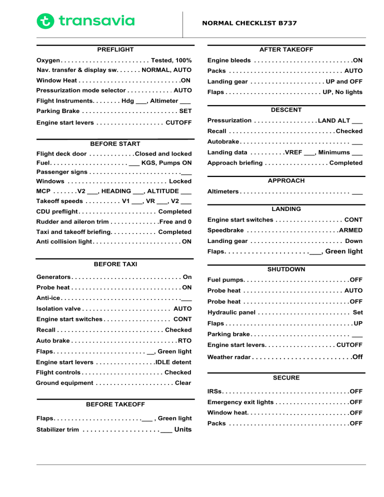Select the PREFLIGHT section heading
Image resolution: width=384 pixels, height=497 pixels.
point(115,49)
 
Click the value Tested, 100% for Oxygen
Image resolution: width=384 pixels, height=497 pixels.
point(171,60)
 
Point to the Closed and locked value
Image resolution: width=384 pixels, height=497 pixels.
point(163,153)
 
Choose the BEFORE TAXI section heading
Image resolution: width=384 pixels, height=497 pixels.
point(115,264)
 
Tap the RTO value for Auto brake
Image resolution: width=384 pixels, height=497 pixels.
point(184,340)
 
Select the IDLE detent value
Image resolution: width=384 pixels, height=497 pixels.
point(173,362)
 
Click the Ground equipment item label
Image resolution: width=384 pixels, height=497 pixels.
point(64,383)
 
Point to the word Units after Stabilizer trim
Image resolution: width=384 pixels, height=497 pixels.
point(183,429)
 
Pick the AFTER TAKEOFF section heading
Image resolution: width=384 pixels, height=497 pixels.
point(286,49)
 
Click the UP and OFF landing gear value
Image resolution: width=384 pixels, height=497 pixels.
point(344,81)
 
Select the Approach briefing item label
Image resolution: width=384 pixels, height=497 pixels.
point(234,163)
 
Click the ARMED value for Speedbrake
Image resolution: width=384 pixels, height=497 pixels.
point(350,230)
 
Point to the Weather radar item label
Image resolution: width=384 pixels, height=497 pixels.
point(229,357)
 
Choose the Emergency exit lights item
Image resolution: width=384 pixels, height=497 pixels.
point(240,401)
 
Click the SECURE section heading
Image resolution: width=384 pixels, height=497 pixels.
point(286,377)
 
